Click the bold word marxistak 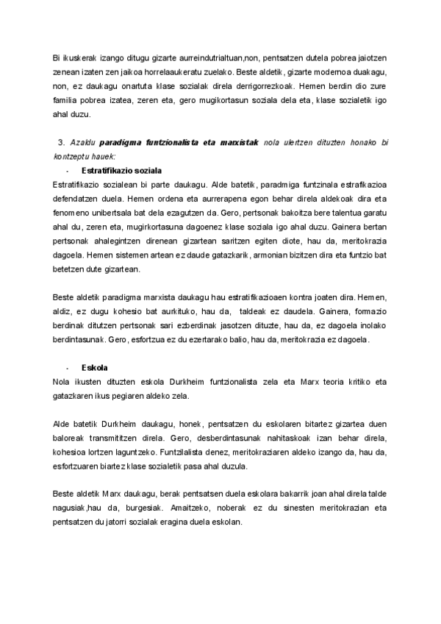tap(237, 141)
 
